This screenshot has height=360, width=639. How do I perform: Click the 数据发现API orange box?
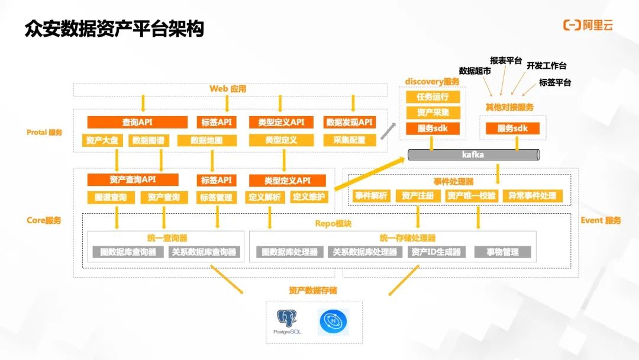(349, 123)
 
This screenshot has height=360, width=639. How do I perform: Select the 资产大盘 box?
(102, 140)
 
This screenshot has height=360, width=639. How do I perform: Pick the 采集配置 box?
(349, 140)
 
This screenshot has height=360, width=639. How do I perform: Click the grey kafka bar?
(473, 155)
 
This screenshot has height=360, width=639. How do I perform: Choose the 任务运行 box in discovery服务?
(433, 97)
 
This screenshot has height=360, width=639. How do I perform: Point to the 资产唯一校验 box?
(472, 196)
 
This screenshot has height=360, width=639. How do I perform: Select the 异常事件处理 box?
(532, 196)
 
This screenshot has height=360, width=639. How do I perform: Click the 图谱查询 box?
(111, 197)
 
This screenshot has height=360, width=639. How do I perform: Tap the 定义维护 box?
(309, 197)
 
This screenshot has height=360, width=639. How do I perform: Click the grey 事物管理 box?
(502, 252)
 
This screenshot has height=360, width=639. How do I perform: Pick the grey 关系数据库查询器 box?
(204, 252)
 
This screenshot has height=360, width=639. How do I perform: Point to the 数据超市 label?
(475, 71)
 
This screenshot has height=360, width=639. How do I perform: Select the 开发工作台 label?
(546, 66)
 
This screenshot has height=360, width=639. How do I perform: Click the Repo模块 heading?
(333, 224)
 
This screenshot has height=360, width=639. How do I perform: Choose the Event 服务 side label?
(601, 220)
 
